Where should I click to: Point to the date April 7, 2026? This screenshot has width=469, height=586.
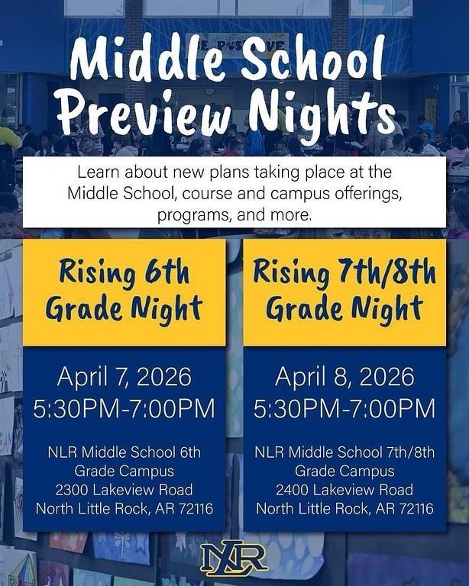click(124, 376)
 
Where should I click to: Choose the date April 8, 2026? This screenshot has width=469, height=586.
click(344, 376)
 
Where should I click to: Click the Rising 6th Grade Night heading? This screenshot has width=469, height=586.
click(124, 291)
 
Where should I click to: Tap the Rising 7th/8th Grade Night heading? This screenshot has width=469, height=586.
click(344, 291)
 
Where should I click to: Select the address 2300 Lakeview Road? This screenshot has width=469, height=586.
click(124, 490)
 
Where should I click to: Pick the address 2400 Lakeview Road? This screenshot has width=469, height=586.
click(344, 490)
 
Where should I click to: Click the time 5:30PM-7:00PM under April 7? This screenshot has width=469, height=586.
click(124, 408)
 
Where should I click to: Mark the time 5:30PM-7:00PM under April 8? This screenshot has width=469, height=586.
click(344, 408)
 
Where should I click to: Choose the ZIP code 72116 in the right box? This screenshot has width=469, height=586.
click(413, 508)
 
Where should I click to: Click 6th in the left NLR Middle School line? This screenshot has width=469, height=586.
click(187, 452)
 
